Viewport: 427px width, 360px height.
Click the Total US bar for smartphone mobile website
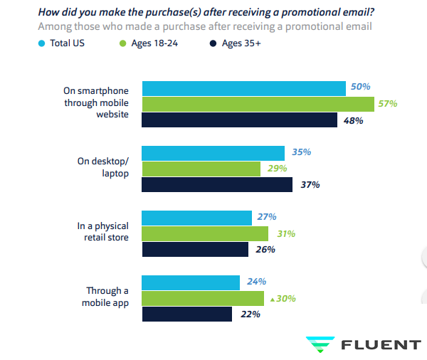[244, 88]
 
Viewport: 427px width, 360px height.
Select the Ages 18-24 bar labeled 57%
[258, 104]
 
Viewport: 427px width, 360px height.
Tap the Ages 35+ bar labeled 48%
[240, 120]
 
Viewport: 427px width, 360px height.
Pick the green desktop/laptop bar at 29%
[201, 169]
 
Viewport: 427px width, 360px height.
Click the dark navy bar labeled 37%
[217, 185]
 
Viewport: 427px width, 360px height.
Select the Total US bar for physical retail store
[197, 218]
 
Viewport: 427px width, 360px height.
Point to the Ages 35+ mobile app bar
[187, 314]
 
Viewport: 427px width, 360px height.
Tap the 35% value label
[301, 152]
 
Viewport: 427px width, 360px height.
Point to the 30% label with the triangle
[285, 299]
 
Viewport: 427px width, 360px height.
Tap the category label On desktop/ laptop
[103, 166]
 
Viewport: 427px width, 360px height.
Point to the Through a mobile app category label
[107, 296]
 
